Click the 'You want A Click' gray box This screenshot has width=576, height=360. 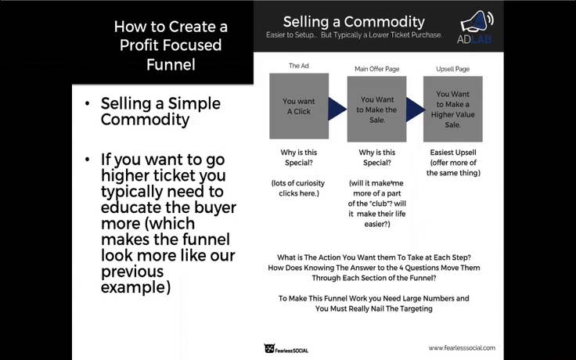[299, 106]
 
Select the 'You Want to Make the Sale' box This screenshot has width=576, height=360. [377, 109]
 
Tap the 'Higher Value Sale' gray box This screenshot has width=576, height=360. [453, 109]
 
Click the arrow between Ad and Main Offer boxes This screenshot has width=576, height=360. [337, 109]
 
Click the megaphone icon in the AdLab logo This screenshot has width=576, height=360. [477, 23]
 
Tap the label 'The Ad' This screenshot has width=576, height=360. [299, 66]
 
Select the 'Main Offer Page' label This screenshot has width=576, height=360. [377, 69]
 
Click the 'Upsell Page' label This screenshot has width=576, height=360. [453, 69]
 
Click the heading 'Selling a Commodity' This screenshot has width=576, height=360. [354, 22]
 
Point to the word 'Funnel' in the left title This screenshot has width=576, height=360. [171, 65]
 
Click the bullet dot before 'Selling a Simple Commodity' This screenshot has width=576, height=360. [87, 103]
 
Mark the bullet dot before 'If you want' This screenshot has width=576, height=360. [87, 160]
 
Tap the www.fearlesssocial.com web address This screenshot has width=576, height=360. [462, 347]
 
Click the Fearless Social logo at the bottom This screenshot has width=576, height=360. [286, 348]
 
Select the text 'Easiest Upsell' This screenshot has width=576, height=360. [453, 153]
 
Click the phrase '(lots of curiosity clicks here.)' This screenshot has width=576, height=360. [299, 188]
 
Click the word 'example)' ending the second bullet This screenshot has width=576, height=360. [135, 287]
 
